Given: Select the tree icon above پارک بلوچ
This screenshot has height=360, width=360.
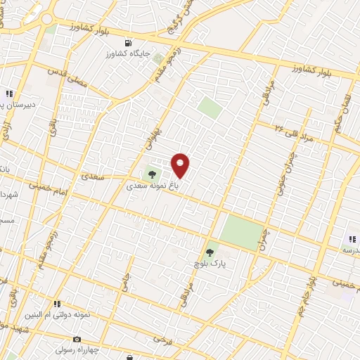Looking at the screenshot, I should pyautogui.click(x=210, y=251).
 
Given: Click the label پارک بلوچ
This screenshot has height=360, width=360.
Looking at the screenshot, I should pyautogui.click(x=209, y=263).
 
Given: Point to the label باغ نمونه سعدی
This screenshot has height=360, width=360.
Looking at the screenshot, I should pyautogui.click(x=149, y=187).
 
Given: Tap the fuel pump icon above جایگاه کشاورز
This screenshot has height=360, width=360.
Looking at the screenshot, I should pyautogui.click(x=159, y=58).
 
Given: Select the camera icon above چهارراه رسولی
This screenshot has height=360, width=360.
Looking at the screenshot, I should pyautogui.click(x=77, y=340).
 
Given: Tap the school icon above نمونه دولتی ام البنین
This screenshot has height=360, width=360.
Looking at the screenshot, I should pyautogui.click(x=57, y=304).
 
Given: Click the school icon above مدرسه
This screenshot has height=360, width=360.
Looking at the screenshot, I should pyautogui.click(x=352, y=239).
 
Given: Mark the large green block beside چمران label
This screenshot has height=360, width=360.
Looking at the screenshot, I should pyautogui.click(x=240, y=233).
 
